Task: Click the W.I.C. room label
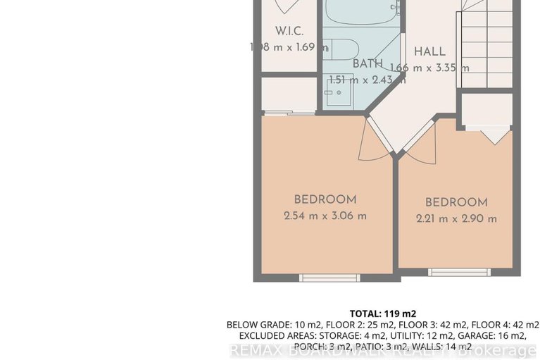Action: (290, 31)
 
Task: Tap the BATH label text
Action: (368, 63)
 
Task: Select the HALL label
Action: (429, 51)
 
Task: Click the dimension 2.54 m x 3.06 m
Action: (325, 216)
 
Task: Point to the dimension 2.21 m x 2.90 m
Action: (456, 218)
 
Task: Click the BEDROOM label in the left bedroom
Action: (325, 199)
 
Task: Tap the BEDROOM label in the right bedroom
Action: (456, 202)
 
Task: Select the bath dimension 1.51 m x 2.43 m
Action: (368, 80)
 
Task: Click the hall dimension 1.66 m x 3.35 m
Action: (429, 68)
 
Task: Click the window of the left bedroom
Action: (325, 278)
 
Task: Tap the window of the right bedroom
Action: (455, 272)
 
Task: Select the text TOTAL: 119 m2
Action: (383, 314)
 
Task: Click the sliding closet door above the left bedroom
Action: (289, 113)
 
